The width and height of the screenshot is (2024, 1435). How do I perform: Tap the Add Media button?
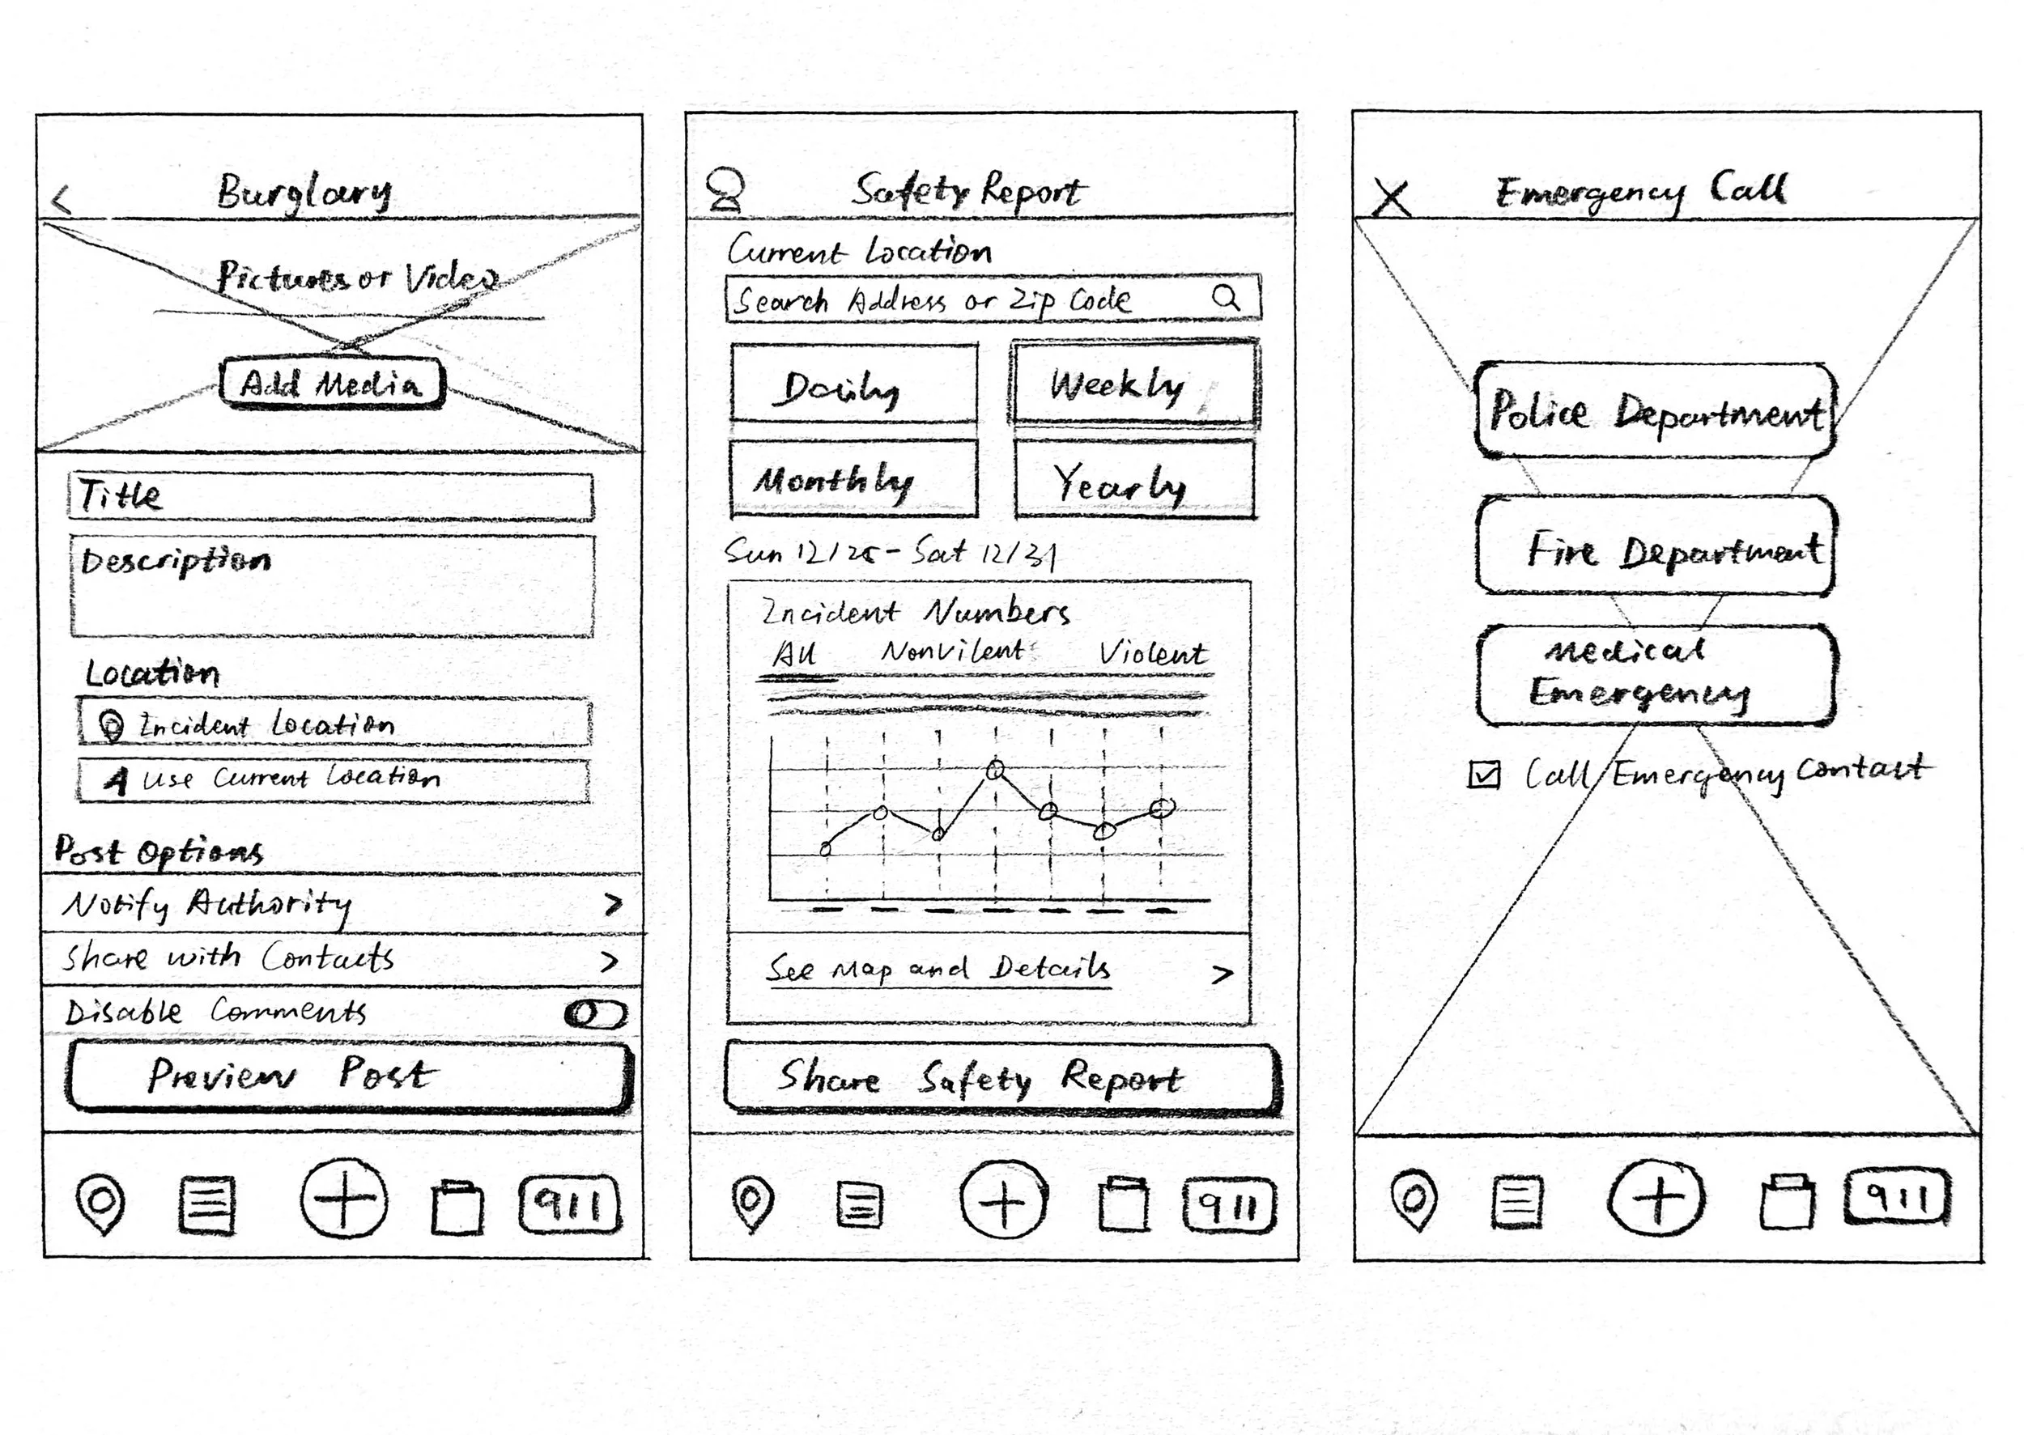pyautogui.click(x=331, y=384)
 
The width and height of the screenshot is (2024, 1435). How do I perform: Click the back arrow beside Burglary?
pyautogui.click(x=61, y=201)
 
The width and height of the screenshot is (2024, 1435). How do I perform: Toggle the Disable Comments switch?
pyautogui.click(x=596, y=1013)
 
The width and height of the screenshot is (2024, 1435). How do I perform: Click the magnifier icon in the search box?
pyautogui.click(x=1226, y=298)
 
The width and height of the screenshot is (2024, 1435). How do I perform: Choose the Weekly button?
pyautogui.click(x=1134, y=384)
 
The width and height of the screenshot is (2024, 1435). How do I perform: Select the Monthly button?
pyautogui.click(x=854, y=479)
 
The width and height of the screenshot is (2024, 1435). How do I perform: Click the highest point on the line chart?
pyautogui.click(x=995, y=771)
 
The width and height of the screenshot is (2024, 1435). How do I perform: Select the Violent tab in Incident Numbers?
pyautogui.click(x=1151, y=653)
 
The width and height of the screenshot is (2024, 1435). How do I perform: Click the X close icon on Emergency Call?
pyautogui.click(x=1392, y=198)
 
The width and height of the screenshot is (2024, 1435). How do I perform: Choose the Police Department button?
pyautogui.click(x=1655, y=411)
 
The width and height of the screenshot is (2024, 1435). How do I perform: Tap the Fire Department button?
pyautogui.click(x=1655, y=546)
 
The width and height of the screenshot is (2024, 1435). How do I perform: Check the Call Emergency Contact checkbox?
pyautogui.click(x=1484, y=774)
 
